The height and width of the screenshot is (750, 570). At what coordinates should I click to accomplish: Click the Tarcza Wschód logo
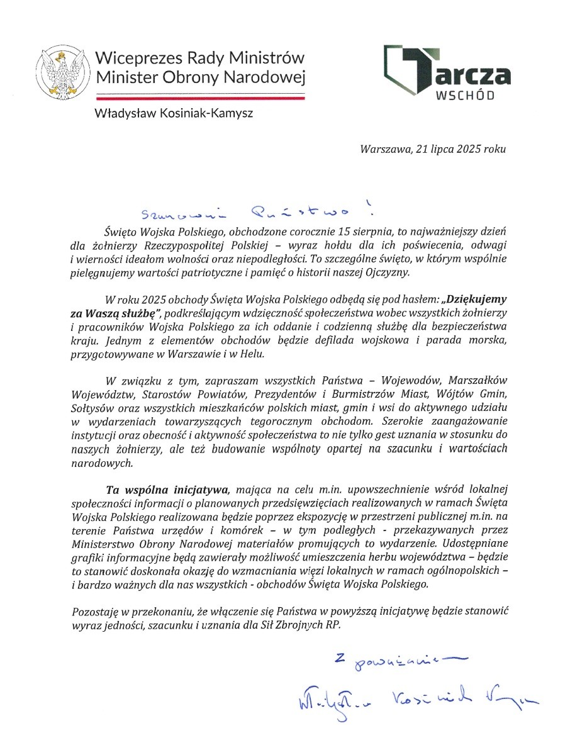pyautogui.click(x=447, y=73)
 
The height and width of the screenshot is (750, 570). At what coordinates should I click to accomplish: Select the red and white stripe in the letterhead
pyautogui.click(x=199, y=98)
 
